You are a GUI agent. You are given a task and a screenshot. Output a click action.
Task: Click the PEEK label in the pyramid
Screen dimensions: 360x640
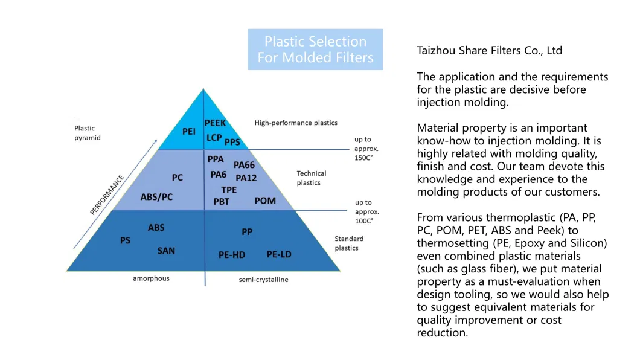215,123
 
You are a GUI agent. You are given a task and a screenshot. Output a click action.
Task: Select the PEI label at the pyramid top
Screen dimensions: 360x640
189,131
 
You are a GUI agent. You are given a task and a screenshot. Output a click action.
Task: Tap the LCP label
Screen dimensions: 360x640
214,138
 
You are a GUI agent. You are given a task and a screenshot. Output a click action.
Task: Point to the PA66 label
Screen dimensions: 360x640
245,165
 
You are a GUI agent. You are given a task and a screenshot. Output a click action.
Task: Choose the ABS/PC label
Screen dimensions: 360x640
156,197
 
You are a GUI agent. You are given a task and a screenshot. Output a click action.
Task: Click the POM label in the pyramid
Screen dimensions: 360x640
265,201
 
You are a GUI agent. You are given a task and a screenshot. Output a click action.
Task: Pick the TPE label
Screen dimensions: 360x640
229,190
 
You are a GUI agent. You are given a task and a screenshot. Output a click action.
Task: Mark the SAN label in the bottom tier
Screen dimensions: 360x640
166,251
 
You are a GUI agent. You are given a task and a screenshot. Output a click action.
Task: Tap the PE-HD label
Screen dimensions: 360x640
232,255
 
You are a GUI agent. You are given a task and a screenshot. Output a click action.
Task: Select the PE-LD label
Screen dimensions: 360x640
279,254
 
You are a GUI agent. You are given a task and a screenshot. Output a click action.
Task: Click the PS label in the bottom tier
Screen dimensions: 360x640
125,240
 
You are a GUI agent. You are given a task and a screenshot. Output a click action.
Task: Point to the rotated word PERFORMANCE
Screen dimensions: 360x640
107,195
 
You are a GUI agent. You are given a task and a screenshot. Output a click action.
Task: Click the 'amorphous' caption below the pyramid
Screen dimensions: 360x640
151,278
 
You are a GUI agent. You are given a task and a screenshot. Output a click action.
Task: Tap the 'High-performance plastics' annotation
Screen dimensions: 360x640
296,123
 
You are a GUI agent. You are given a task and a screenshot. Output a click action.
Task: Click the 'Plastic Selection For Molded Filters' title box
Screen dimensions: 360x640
315,50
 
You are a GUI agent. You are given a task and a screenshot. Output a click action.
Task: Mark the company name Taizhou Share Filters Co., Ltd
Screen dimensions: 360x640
489,51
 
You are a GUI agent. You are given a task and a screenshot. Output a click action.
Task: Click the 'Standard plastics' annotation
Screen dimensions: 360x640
349,243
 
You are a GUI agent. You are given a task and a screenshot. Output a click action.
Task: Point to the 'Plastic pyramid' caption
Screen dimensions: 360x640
87,133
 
